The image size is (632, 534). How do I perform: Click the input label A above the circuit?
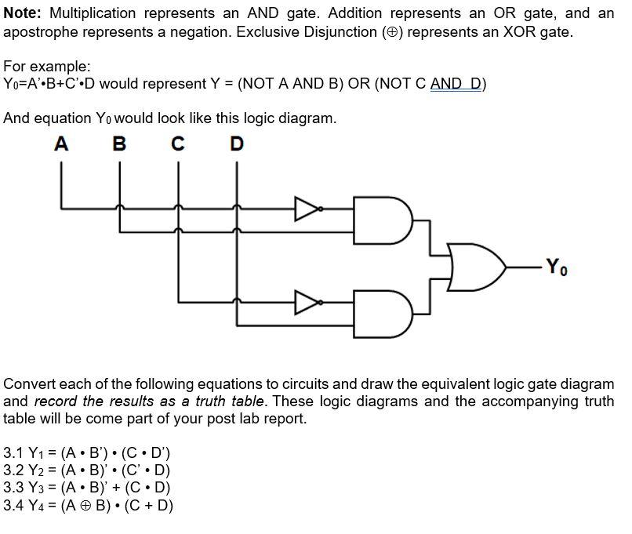[61, 144]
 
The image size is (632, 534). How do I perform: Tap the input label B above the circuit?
[119, 144]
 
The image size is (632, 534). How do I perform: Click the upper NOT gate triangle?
[306, 208]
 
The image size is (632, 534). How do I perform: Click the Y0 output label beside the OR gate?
[554, 267]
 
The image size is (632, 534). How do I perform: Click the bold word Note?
[26, 13]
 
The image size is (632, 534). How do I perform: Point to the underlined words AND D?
[456, 84]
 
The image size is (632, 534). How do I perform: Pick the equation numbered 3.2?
[87, 470]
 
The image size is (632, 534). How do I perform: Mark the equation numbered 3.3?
[87, 487]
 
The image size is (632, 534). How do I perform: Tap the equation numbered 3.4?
[89, 504]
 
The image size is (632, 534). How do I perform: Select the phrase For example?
[47, 67]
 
